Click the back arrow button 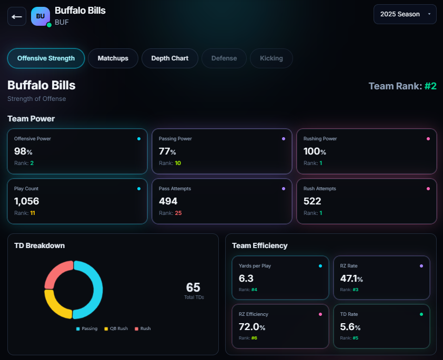coord(17,16)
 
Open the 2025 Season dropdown coord(405,14)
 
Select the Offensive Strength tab coord(46,58)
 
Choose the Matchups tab coord(113,58)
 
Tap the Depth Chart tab coord(169,58)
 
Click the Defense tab coord(224,58)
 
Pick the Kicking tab coord(271,58)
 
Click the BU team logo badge coord(41,16)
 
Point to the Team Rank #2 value coord(430,86)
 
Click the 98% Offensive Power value coord(23,151)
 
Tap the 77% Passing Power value coord(168,151)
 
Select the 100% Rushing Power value coord(315,151)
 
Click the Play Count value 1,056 coord(26,201)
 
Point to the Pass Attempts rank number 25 coord(178,213)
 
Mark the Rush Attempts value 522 coord(312,201)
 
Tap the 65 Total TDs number coord(193,287)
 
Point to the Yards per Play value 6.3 coord(246,277)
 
